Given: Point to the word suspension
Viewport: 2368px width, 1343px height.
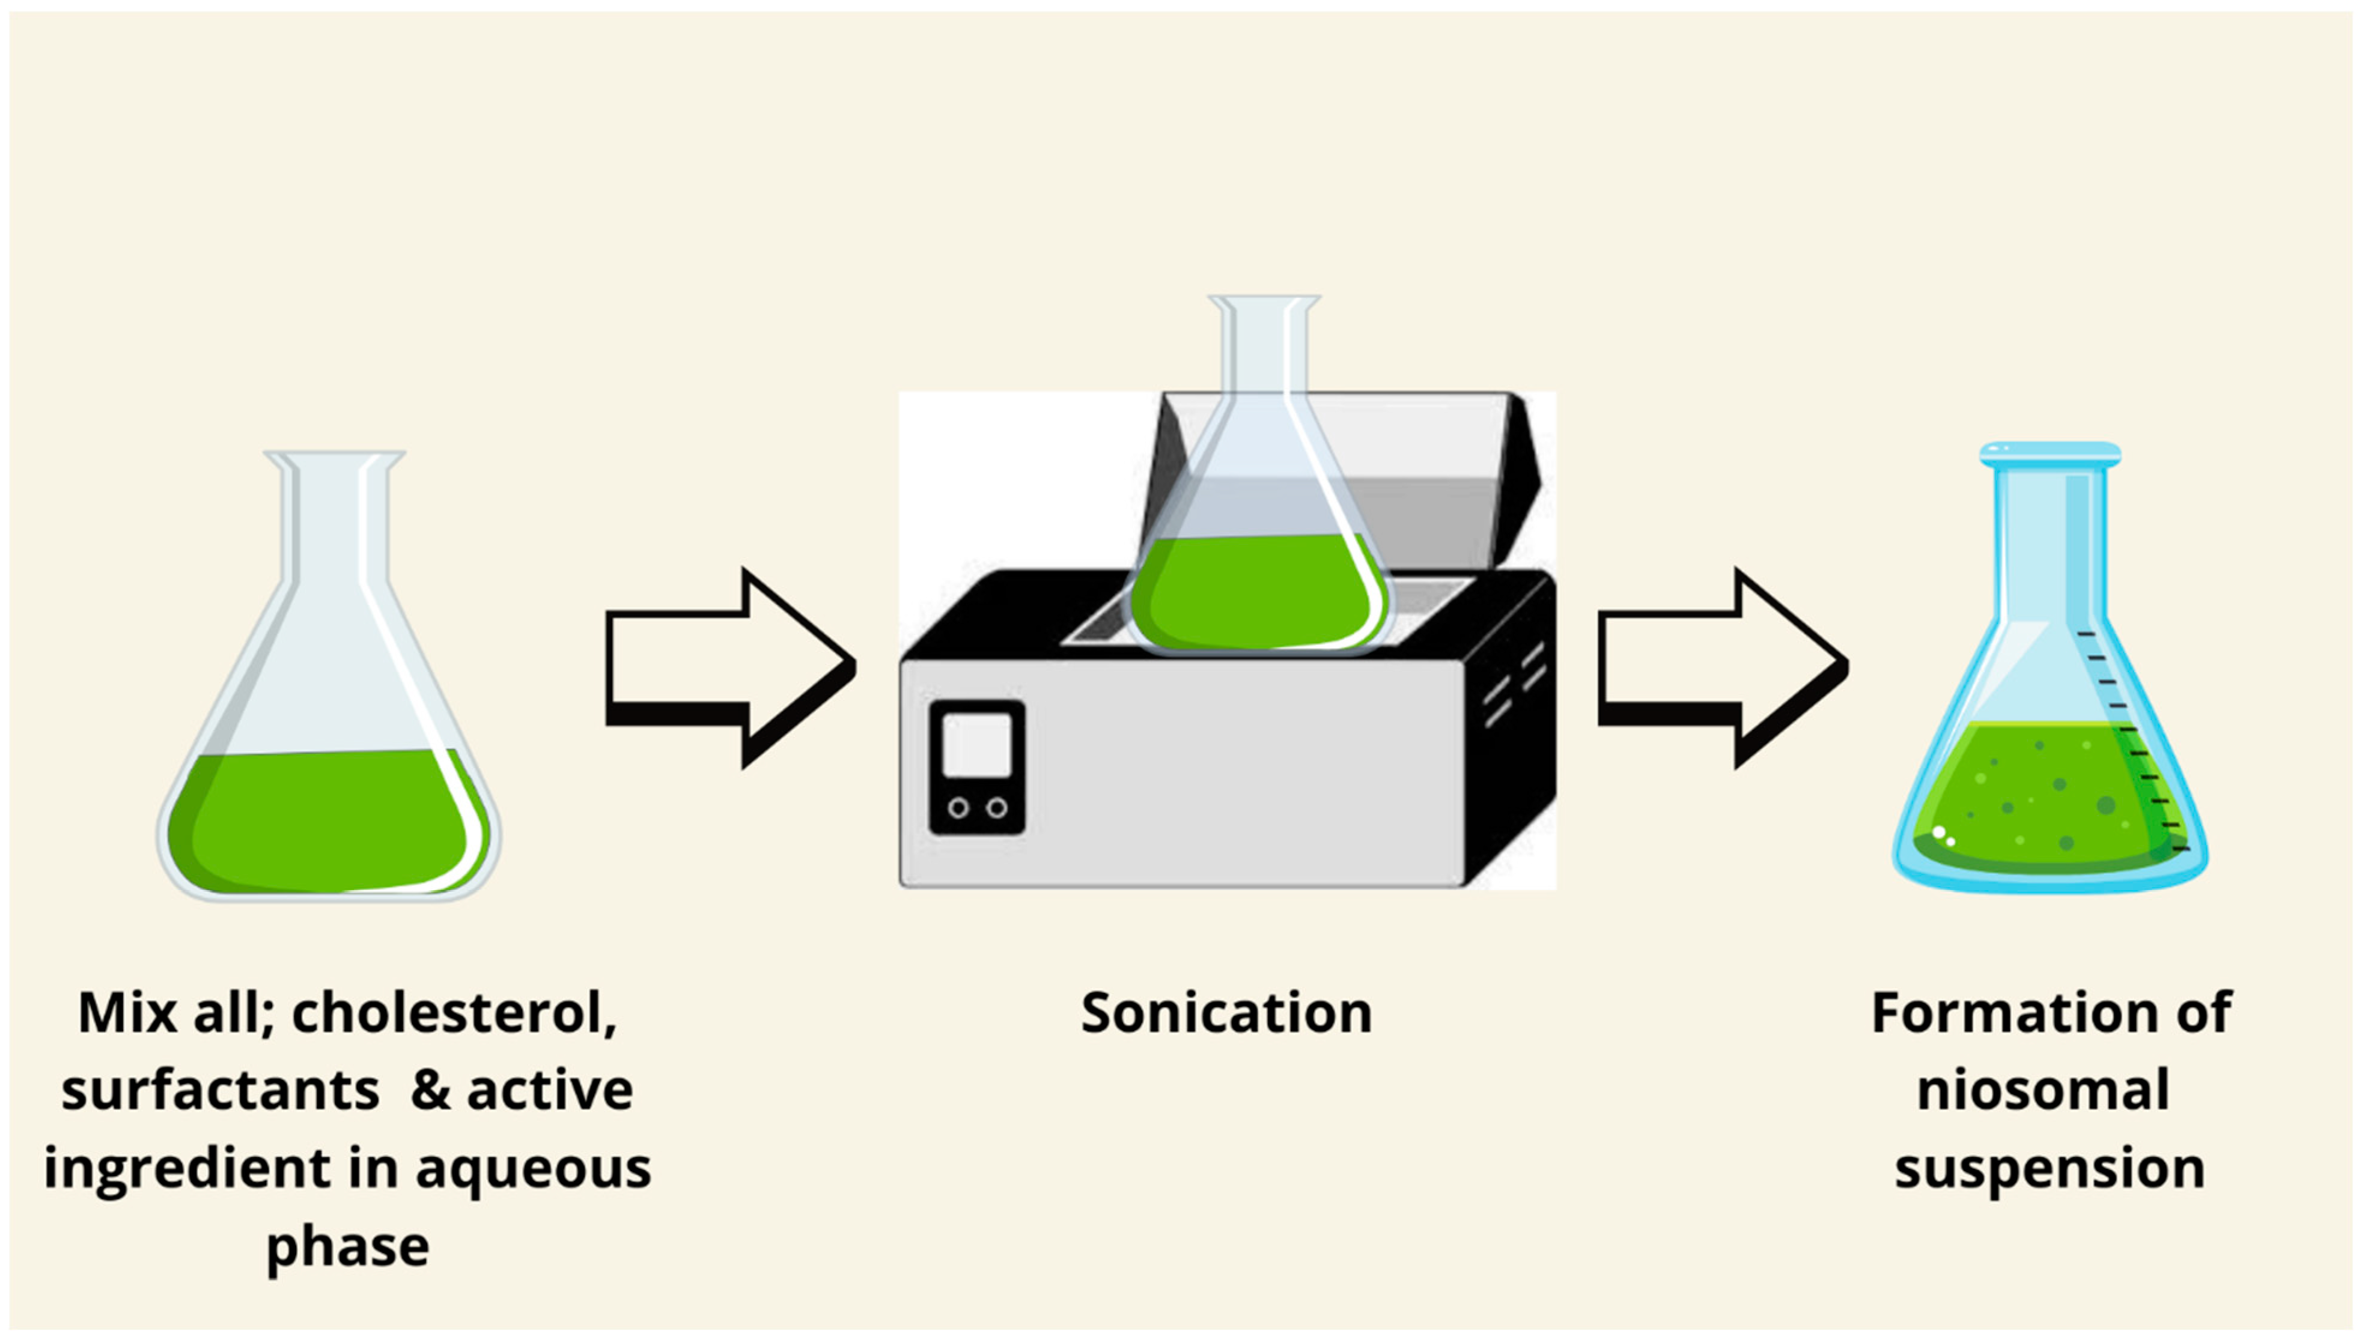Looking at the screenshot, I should (x=2050, y=1169).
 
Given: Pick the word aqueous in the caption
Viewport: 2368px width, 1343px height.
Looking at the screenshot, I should (x=532, y=1169).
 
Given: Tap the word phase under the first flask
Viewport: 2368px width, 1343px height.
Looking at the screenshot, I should (x=348, y=1247).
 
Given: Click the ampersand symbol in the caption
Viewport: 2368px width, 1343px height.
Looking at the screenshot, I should (x=430, y=1091).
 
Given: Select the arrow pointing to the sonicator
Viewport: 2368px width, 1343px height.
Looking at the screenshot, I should (x=729, y=666).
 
